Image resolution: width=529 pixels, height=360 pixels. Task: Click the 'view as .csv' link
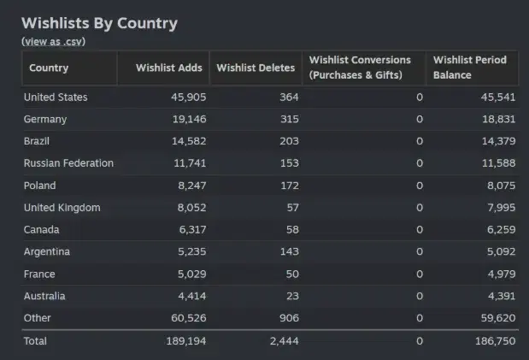click(53, 41)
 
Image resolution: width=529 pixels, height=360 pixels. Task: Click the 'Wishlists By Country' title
click(99, 23)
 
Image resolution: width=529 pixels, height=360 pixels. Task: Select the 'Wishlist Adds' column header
click(169, 68)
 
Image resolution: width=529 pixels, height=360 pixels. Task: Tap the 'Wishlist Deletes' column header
click(256, 68)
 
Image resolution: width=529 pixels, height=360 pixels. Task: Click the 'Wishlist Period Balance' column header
click(470, 68)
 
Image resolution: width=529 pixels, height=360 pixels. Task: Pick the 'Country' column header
click(49, 68)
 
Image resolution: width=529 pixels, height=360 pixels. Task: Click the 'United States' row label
click(56, 97)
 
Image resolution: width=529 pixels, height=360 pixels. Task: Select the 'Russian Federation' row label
click(68, 163)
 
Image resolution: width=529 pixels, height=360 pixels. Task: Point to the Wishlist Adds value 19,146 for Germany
click(186, 120)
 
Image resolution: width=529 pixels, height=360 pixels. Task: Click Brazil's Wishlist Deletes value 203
click(289, 141)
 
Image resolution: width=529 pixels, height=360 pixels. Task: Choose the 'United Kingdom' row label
click(62, 208)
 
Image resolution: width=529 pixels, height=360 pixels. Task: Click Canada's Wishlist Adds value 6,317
click(190, 230)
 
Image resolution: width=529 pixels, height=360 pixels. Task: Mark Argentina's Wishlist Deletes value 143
click(289, 252)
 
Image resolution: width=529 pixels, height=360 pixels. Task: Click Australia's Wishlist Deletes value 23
click(292, 297)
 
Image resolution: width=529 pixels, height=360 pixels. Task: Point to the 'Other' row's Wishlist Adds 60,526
click(186, 318)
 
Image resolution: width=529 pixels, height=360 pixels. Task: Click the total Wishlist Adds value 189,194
click(184, 341)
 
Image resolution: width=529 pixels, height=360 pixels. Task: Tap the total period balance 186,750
click(494, 341)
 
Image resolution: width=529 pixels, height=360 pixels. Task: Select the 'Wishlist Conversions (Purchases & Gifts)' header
click(360, 68)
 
